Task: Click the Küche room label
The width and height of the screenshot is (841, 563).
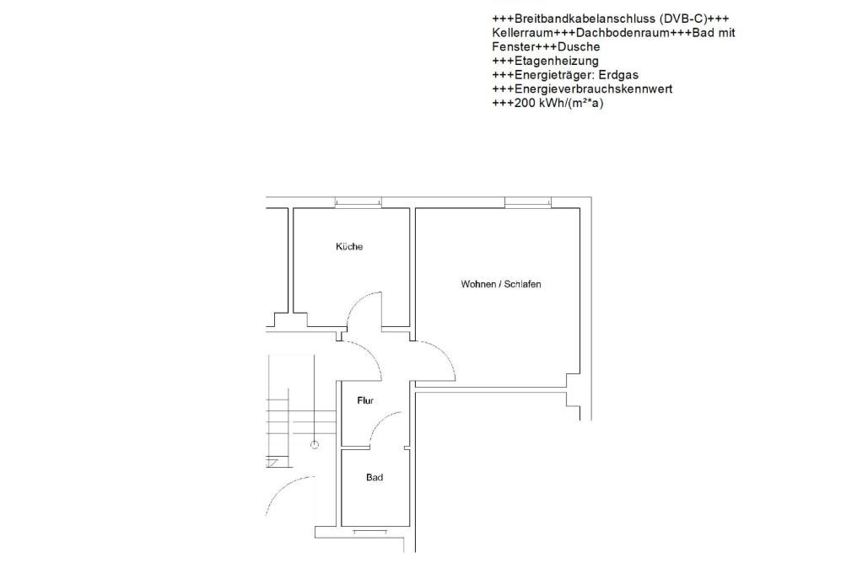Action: point(348,247)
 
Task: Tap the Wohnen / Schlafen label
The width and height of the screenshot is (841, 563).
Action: point(500,284)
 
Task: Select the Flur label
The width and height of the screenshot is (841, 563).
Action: point(365,401)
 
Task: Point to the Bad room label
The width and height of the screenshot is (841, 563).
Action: point(375,478)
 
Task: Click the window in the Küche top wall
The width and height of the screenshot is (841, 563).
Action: point(358,201)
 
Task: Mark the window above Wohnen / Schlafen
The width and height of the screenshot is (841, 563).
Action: point(528,202)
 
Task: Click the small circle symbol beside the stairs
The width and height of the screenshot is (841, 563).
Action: point(315,444)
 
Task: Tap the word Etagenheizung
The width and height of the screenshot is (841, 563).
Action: point(556,61)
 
